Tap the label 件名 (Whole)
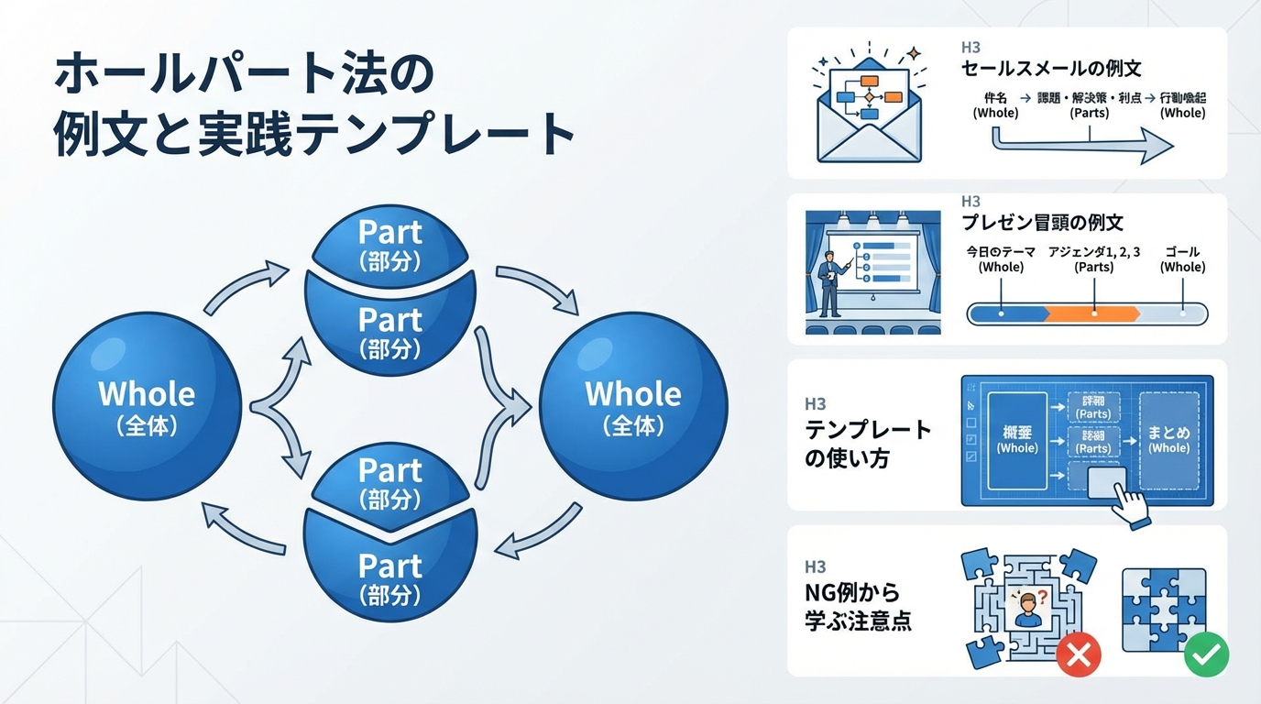996,105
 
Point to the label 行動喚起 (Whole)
1182,105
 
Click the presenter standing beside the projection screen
830,280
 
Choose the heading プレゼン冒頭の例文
1042,223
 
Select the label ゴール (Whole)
1182,258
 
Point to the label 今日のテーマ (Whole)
1001,258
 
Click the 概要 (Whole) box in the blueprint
1017,439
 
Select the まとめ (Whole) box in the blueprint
1168,439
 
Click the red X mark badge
1078,654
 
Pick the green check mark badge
1206,654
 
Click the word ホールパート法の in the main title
243,75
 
